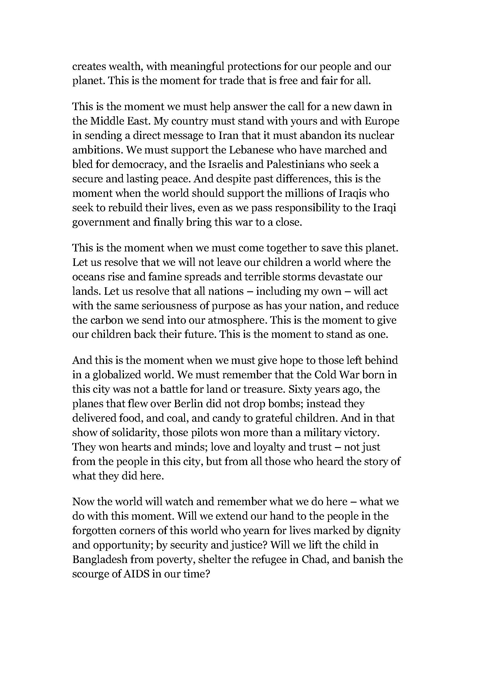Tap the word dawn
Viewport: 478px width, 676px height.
coord(368,107)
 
